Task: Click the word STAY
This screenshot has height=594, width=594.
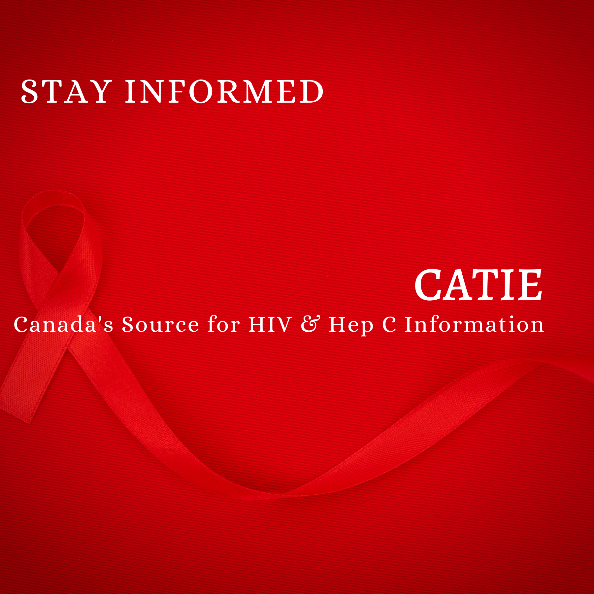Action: (65, 91)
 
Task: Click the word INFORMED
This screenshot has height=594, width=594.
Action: (224, 91)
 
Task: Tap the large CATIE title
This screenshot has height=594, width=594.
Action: (478, 285)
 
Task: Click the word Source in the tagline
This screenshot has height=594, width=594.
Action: (160, 324)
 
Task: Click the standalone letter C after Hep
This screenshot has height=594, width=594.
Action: (389, 324)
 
